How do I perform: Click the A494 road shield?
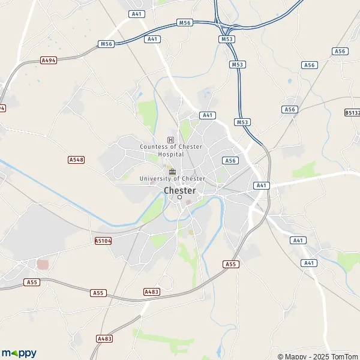pos(49,60)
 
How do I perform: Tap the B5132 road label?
pos(352,112)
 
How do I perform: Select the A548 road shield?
pos(76,160)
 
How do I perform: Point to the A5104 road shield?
pos(103,240)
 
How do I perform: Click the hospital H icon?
pos(171,140)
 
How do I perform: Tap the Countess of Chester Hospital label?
pos(171,150)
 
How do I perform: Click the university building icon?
pos(172,171)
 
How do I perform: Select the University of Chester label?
pos(172,179)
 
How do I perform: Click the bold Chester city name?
pos(179,190)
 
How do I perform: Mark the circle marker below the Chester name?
pos(179,197)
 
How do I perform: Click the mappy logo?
pos(19,353)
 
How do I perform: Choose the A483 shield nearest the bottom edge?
pos(104,339)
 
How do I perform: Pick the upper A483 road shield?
pos(152,292)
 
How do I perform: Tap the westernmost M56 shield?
pos(106,44)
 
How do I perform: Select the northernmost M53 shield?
pos(227,40)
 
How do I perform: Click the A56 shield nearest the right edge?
pos(341,52)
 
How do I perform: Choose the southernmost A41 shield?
pos(309,263)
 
